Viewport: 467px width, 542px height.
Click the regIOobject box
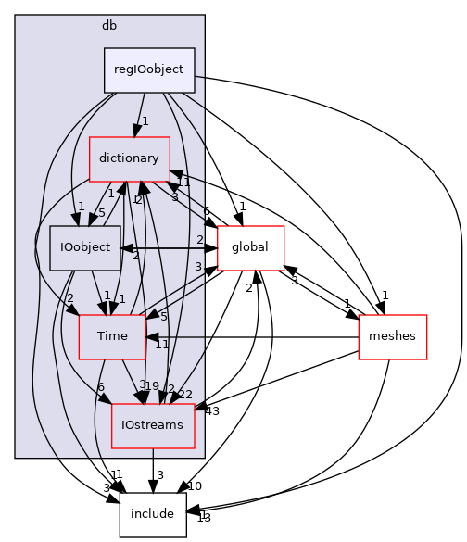149,69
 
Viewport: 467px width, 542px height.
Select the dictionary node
129,158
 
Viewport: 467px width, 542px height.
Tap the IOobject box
85,247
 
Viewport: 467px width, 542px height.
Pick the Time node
112,336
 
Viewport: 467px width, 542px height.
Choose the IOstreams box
153,425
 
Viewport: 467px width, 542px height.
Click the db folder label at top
109,25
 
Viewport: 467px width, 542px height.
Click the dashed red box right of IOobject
250,248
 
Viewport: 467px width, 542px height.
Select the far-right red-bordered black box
392,337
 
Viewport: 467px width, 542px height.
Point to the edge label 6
101,387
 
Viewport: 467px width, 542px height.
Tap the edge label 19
152,386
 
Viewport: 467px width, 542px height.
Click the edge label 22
185,395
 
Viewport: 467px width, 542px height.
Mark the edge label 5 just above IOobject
102,213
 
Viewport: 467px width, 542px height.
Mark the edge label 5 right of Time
163,317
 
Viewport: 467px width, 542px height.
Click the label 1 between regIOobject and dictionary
145,121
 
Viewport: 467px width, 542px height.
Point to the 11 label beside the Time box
162,345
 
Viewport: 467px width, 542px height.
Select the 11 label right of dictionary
183,183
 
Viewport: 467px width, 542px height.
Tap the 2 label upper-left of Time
69,298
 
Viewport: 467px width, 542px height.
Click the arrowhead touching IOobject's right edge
127,247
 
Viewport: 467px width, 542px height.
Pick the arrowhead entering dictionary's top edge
137,131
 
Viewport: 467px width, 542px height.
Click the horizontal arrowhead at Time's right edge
152,337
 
